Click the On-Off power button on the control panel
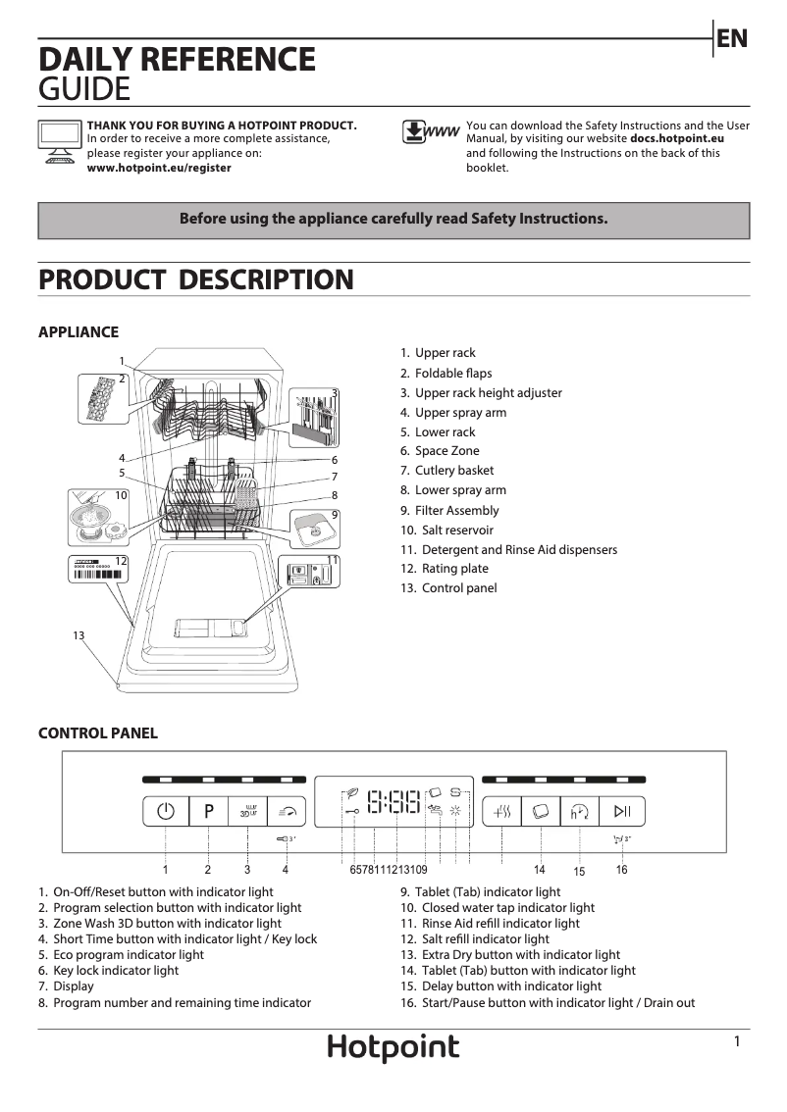tap(165, 811)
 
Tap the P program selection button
tap(208, 811)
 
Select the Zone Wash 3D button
tap(247, 811)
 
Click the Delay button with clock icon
tap(579, 811)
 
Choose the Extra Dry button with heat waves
tap(501, 811)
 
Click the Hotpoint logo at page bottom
tap(393, 1048)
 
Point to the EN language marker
tap(732, 38)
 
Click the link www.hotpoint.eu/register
tap(159, 168)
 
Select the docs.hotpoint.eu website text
tap(676, 139)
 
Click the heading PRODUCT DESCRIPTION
tap(195, 279)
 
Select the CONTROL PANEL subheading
tap(97, 733)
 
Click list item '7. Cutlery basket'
tap(446, 471)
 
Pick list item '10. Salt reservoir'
tap(446, 530)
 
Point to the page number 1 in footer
tap(736, 1042)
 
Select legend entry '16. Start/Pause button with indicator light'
tap(548, 1002)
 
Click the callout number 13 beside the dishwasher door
tap(79, 635)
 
